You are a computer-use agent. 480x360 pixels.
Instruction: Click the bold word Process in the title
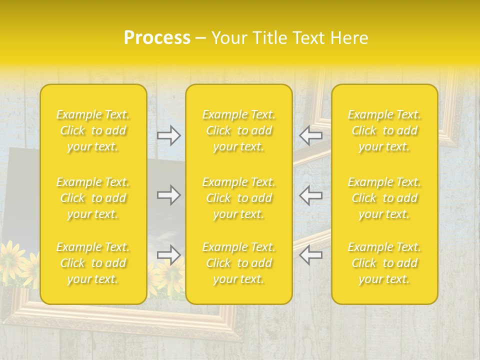tap(157, 38)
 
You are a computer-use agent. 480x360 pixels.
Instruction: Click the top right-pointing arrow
tap(169, 135)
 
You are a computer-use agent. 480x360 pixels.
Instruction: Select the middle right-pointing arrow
tap(169, 194)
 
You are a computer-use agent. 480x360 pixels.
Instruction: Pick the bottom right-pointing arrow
tap(169, 255)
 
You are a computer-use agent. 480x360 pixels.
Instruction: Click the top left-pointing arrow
tap(311, 135)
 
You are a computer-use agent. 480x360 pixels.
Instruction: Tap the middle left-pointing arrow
tap(311, 194)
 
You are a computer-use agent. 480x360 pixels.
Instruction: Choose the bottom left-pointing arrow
tap(311, 255)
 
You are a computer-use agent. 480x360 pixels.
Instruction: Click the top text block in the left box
tap(93, 130)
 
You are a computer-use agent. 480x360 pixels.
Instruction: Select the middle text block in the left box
tap(93, 198)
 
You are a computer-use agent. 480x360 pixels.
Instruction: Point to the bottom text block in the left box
tap(93, 263)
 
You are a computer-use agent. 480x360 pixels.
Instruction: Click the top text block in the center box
tap(239, 130)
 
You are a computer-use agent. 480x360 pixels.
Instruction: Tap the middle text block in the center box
tap(239, 198)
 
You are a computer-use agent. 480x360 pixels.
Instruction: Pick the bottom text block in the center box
tap(239, 263)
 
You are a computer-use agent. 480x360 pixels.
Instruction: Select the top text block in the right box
tap(384, 130)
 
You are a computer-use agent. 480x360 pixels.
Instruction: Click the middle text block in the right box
tap(384, 198)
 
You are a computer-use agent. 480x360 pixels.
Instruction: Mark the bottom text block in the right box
tap(384, 263)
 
